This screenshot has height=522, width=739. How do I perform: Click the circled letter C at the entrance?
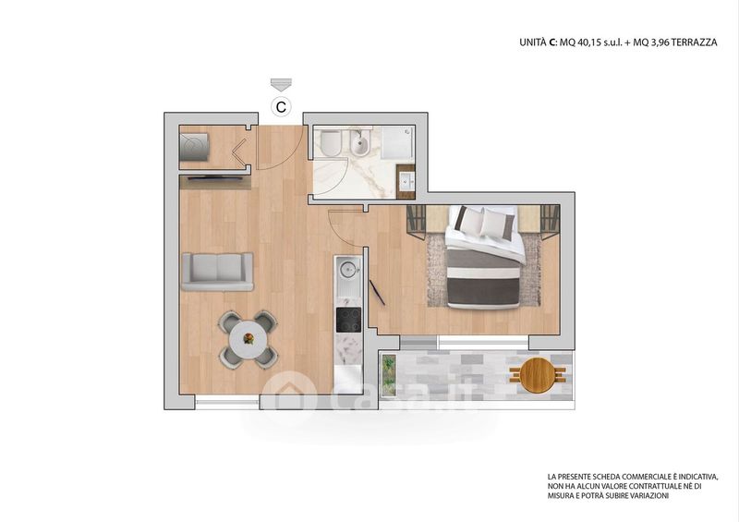281,107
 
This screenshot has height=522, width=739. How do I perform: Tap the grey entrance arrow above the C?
281,85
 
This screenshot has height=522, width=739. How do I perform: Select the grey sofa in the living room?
217,272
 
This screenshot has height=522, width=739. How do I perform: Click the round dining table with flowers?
248,338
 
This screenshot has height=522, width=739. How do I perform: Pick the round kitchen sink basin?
348,270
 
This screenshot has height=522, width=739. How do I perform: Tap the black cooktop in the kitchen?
348,320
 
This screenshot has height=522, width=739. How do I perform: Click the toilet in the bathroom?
332,143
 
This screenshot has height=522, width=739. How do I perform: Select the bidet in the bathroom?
360,143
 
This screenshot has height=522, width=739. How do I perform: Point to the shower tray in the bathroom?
397,142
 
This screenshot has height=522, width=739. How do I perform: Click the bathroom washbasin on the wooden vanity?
406,180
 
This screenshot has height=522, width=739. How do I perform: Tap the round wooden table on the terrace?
538,374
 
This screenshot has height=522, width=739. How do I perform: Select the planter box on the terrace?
388,374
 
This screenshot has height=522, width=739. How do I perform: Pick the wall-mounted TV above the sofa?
215,177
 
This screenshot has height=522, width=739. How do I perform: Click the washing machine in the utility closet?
194,147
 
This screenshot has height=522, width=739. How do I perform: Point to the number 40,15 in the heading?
589,42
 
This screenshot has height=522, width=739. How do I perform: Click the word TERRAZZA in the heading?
694,42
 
